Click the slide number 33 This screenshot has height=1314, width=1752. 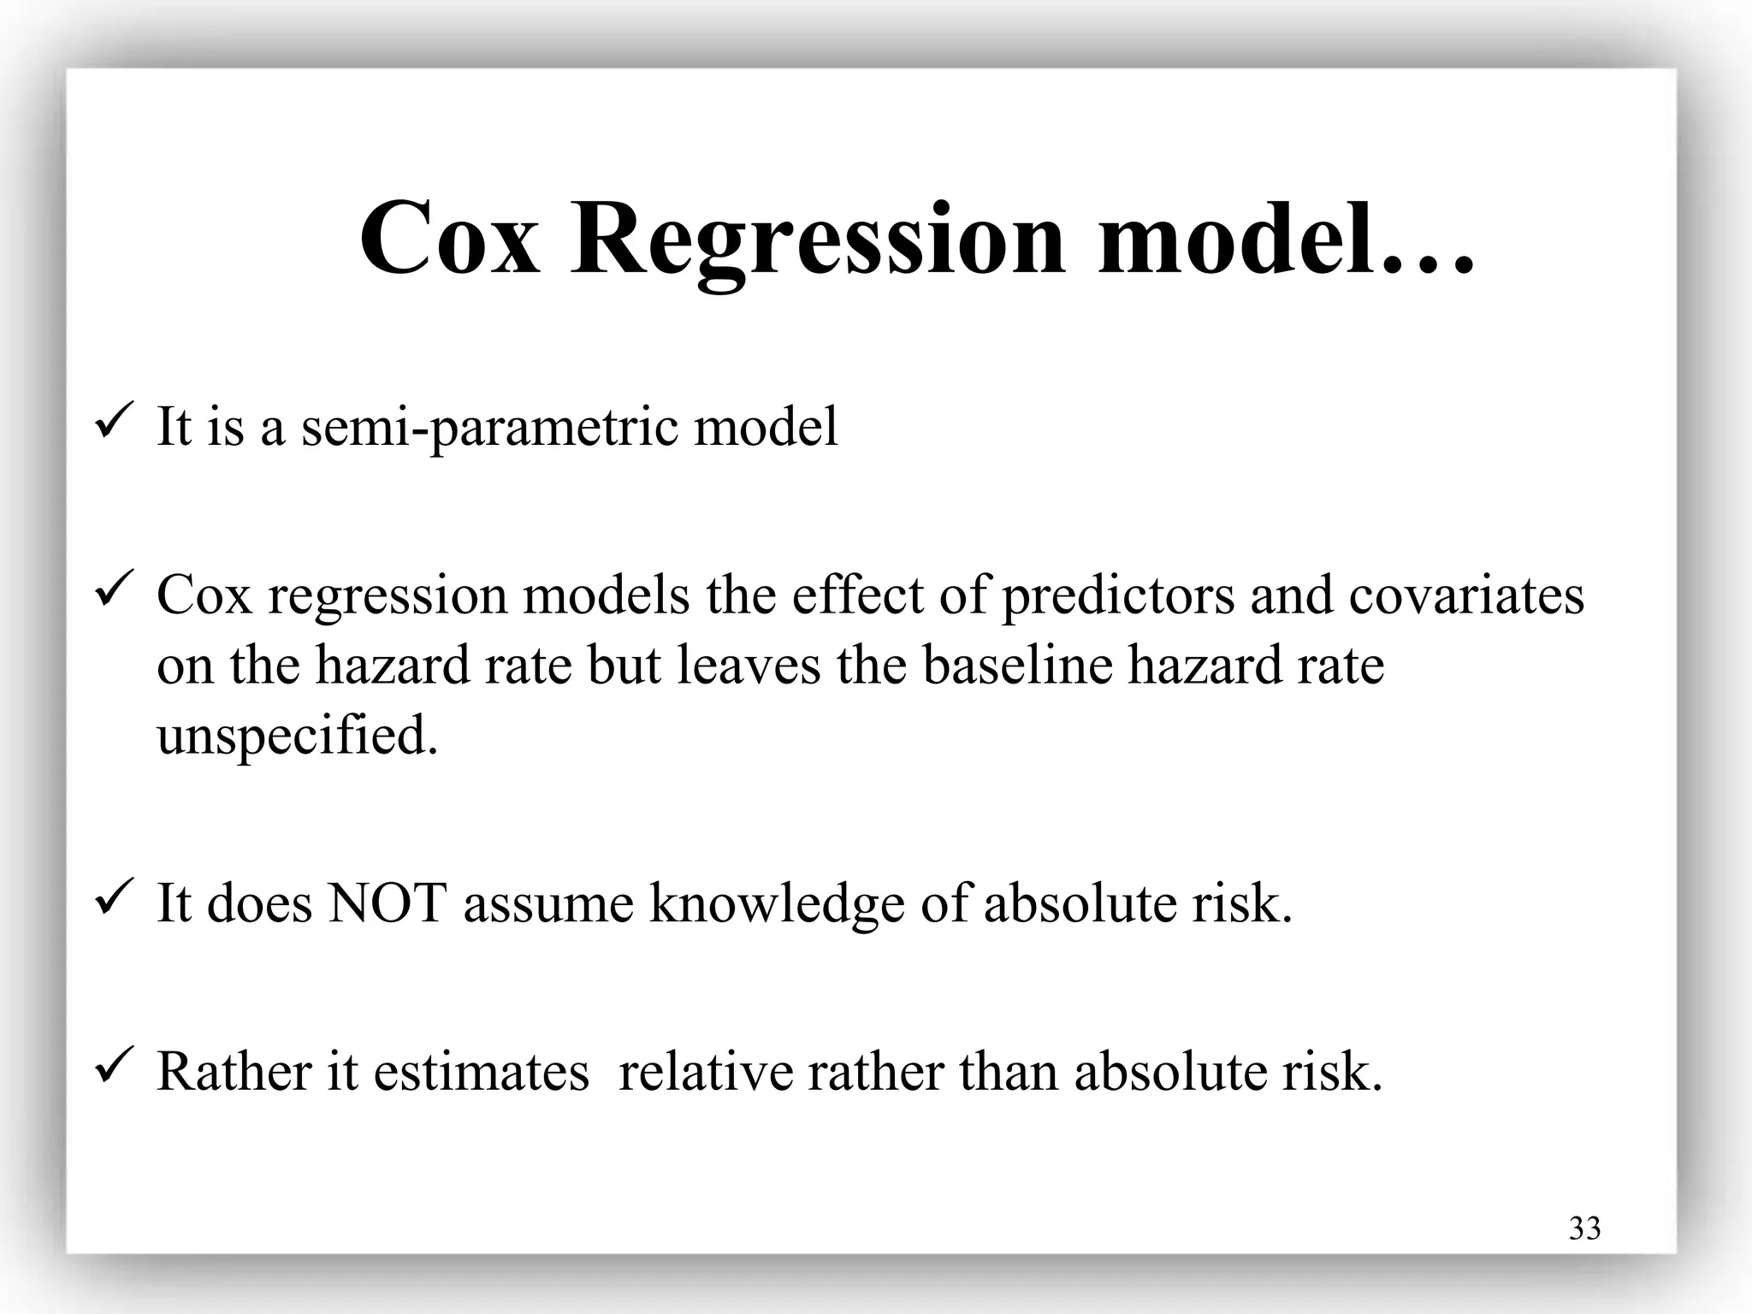pos(1585,1228)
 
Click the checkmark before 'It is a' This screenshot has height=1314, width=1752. pos(112,422)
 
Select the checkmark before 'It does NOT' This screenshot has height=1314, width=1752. pos(112,898)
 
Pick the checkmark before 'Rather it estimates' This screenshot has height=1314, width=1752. pos(112,1067)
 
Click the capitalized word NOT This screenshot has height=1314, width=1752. pos(388,903)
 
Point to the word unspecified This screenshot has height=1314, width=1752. pos(297,736)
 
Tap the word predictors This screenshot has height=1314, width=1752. pos(1118,595)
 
